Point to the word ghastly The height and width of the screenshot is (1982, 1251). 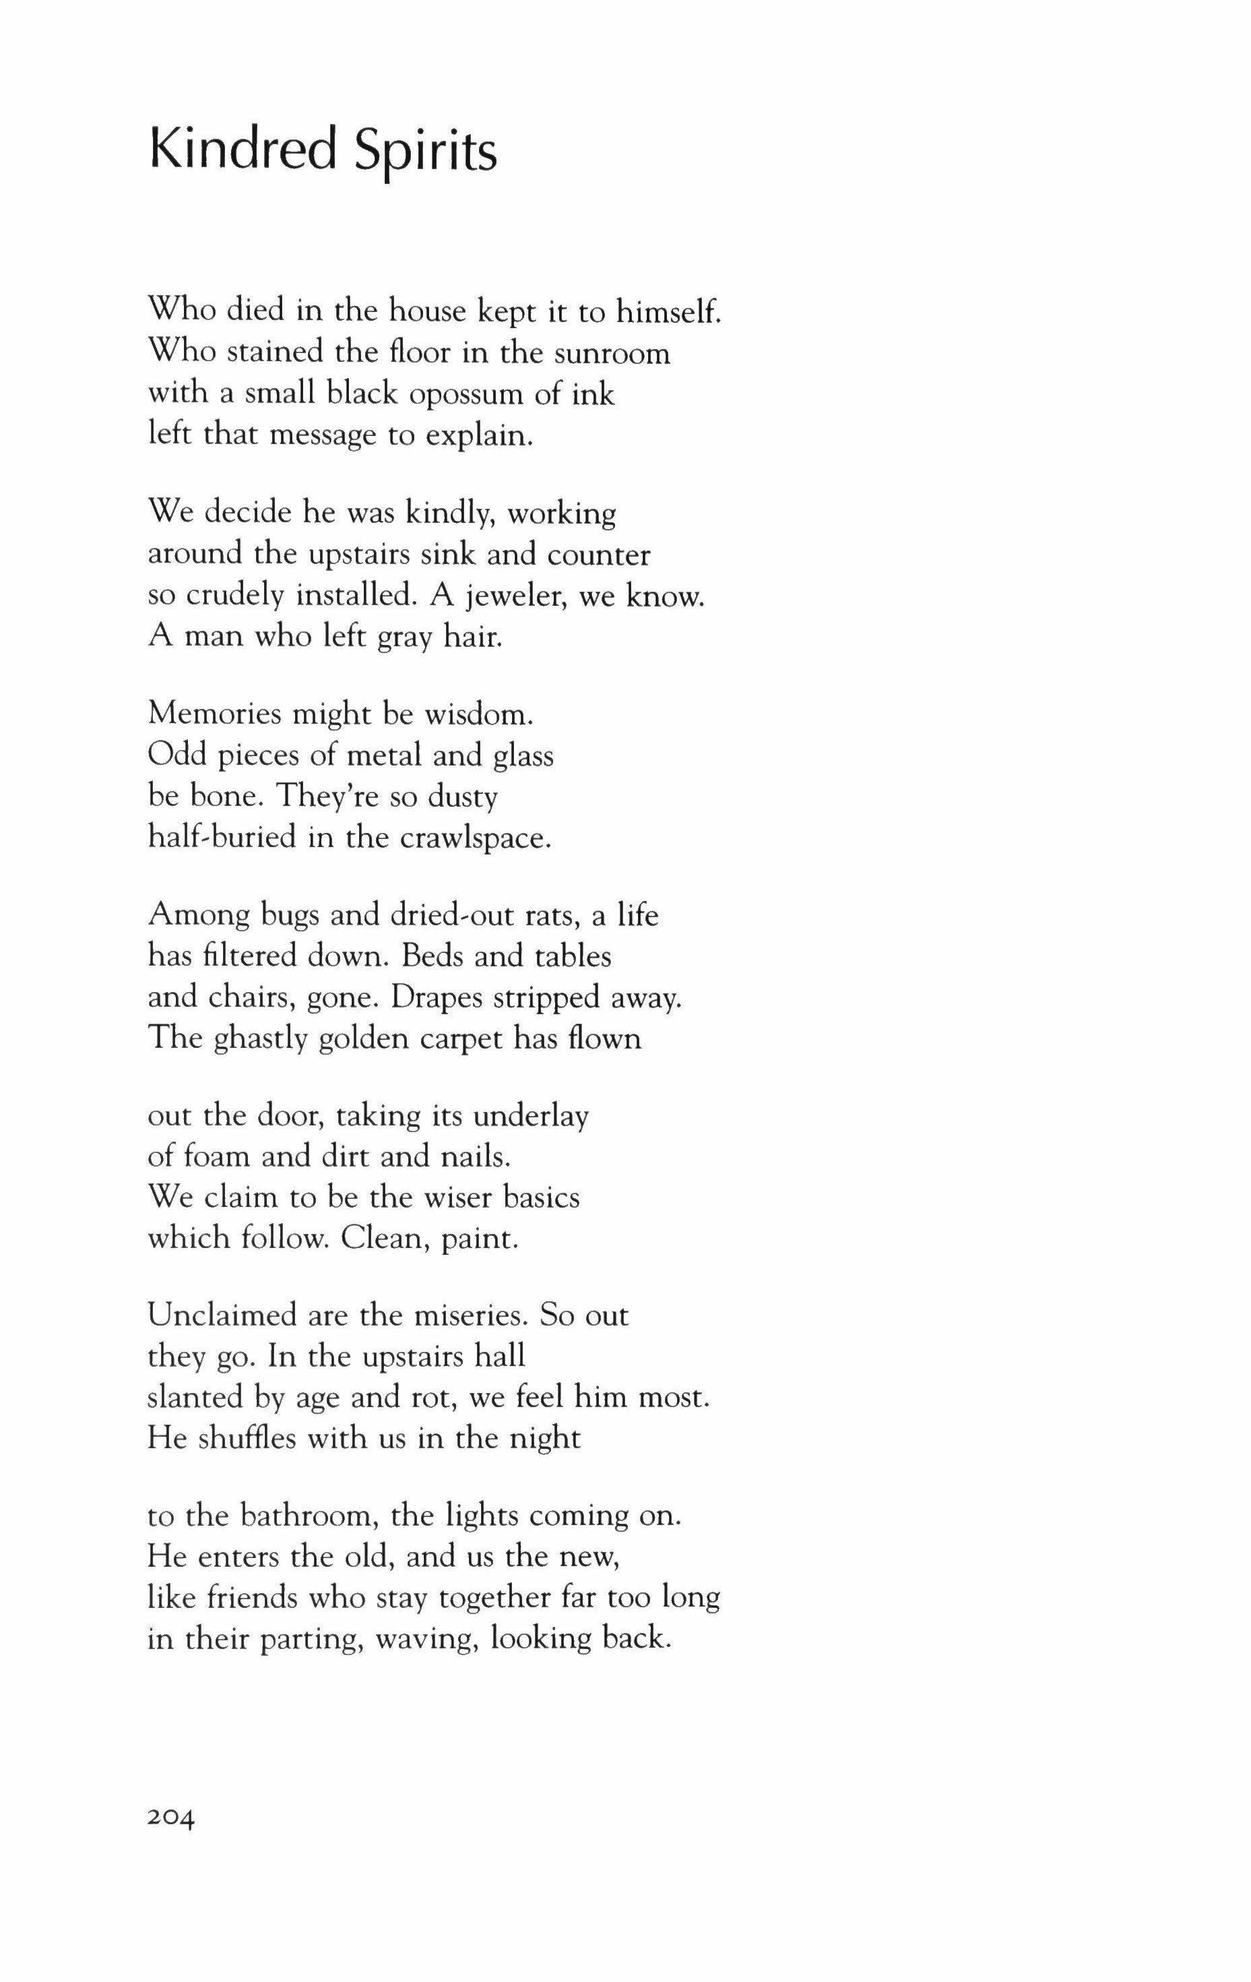261,1039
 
